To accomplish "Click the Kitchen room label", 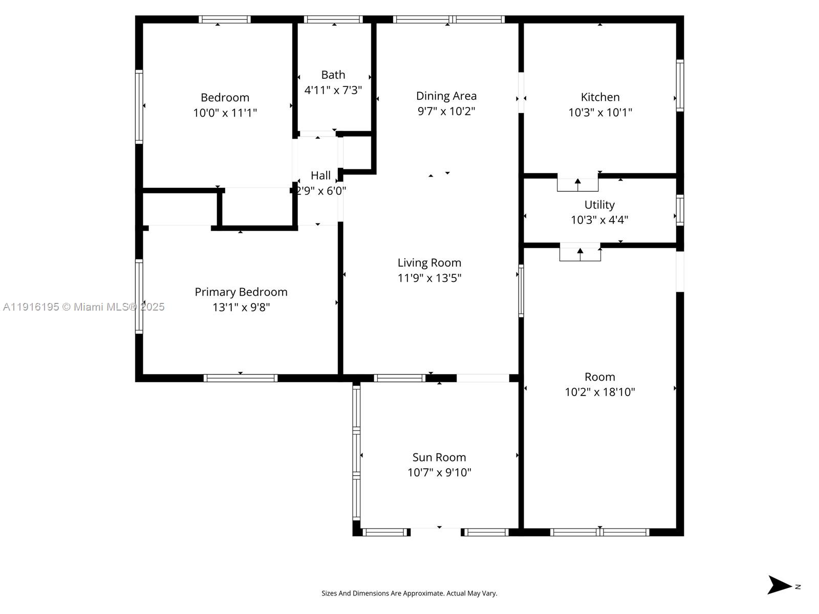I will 600,97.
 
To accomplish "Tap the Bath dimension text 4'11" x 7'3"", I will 333,91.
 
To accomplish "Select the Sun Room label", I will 439,457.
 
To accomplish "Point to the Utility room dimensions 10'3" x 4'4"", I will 599,220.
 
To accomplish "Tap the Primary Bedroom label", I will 241,292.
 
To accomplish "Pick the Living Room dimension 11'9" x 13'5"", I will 429,278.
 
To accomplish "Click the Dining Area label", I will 446,96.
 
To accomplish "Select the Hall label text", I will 320,176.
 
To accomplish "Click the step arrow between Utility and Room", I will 580,253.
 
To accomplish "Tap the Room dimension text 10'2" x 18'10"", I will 600,392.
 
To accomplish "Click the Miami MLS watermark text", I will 84,307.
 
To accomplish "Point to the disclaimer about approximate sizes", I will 409,594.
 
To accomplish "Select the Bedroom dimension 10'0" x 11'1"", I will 225,113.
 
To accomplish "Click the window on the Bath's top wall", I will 333,19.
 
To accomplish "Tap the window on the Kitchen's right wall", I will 680,85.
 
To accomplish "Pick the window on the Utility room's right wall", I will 680,210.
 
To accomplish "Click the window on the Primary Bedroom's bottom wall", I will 241,378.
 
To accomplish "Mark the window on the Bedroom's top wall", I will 225,19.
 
